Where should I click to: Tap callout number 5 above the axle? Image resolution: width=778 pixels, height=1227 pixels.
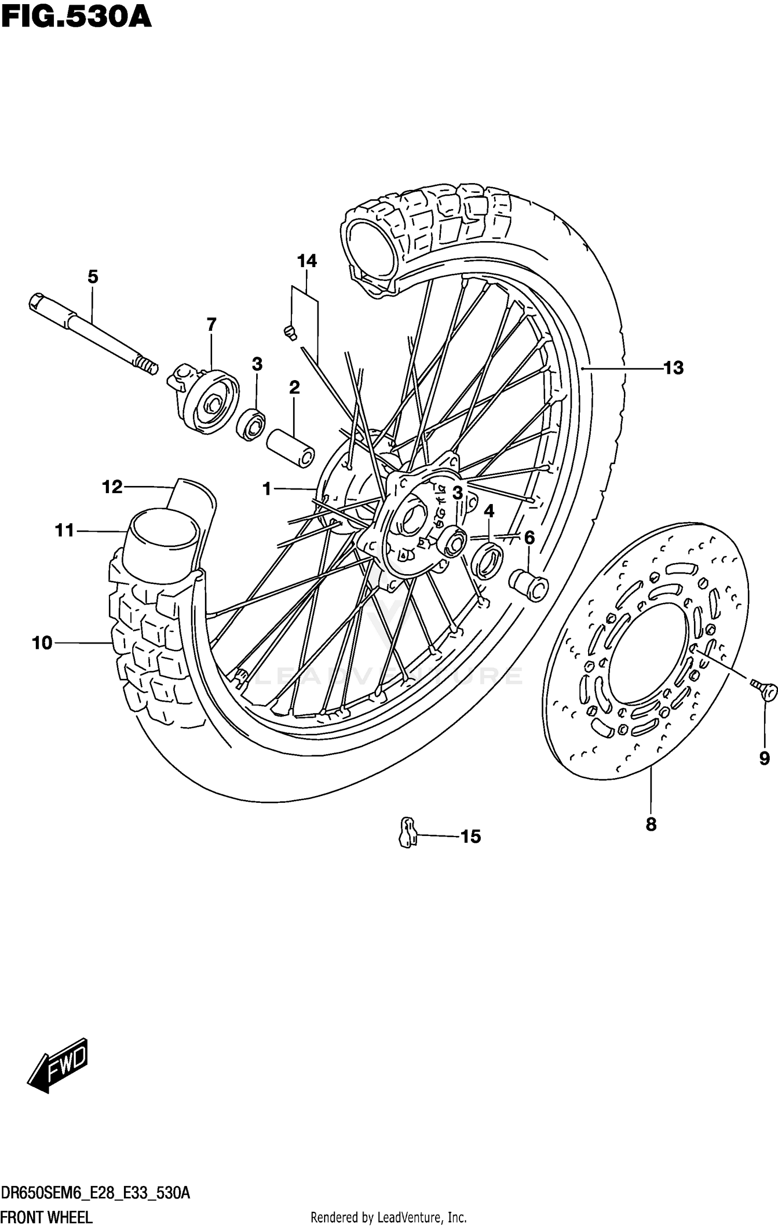[x=93, y=277]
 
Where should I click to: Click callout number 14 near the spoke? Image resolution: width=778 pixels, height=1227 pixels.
[x=307, y=261]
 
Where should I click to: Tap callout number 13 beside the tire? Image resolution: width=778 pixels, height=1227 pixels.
[x=673, y=368]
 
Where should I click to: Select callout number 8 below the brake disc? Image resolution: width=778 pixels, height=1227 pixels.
[x=651, y=824]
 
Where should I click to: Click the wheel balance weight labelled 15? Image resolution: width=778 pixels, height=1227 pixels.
[x=408, y=832]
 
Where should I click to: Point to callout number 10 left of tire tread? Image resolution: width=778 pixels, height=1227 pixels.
[x=43, y=643]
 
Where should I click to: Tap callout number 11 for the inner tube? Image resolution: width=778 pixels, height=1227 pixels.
[x=65, y=531]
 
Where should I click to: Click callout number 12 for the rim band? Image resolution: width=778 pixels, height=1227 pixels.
[x=112, y=487]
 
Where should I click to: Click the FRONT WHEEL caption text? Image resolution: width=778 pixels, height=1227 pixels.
[x=47, y=1217]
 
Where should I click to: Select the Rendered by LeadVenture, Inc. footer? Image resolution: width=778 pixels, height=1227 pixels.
[x=388, y=1217]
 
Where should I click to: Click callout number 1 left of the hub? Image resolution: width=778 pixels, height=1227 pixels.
[x=267, y=489]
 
